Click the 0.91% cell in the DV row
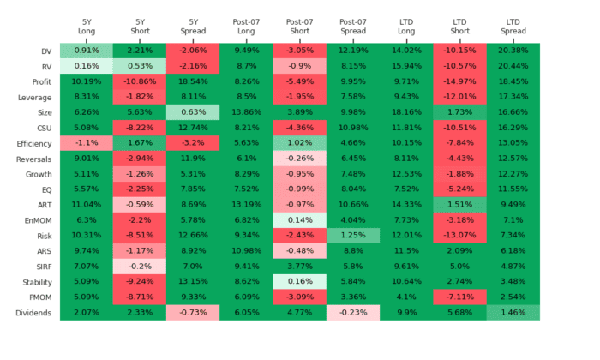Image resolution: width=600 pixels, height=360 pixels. pyautogui.click(x=87, y=51)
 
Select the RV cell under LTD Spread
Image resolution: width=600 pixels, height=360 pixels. pyautogui.click(x=513, y=66)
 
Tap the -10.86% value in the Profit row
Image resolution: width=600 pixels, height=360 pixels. pyautogui.click(x=140, y=81)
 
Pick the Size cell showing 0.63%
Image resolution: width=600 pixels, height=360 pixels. pyautogui.click(x=193, y=111)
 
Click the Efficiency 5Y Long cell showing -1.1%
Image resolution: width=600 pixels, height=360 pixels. pyautogui.click(x=87, y=142)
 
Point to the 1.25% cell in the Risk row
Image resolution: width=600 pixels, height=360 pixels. pyautogui.click(x=352, y=235)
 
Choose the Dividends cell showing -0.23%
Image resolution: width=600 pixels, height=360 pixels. pyautogui.click(x=352, y=313)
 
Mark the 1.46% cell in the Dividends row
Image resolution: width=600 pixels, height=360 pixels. pyautogui.click(x=513, y=313)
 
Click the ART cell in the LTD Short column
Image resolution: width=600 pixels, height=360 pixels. pyautogui.click(x=459, y=204)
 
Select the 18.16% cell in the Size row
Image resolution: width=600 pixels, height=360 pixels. pyautogui.click(x=406, y=111)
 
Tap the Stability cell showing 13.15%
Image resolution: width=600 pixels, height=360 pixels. pyautogui.click(x=193, y=281)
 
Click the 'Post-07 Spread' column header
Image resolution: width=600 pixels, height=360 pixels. pyautogui.click(x=352, y=26)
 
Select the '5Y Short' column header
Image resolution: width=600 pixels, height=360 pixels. pyautogui.click(x=140, y=26)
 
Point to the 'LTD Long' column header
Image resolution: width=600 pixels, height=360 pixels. pyautogui.click(x=406, y=26)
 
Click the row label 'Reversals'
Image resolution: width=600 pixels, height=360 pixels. pyautogui.click(x=33, y=158)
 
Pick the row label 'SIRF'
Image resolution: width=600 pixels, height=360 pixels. pyautogui.click(x=41, y=267)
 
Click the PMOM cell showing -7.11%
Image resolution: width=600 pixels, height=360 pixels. pyautogui.click(x=459, y=297)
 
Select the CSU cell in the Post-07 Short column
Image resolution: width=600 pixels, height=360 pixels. pyautogui.click(x=299, y=127)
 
